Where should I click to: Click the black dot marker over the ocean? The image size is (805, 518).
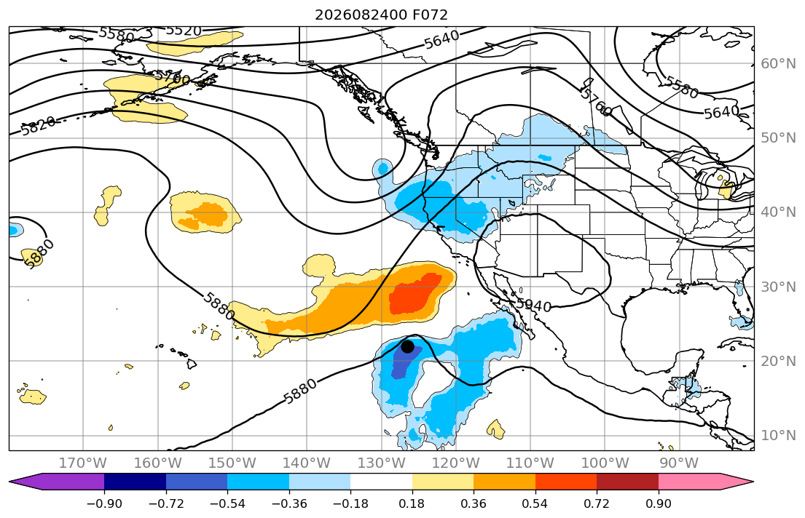[407, 347]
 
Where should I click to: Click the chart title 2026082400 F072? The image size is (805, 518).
[381, 15]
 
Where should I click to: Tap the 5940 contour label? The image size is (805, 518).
[533, 306]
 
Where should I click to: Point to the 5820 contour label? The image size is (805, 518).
[39, 125]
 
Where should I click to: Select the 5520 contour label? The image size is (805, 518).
[184, 31]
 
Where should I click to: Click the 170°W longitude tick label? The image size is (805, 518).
[83, 463]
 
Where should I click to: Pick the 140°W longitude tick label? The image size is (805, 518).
[307, 463]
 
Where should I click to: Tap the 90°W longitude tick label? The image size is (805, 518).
[679, 463]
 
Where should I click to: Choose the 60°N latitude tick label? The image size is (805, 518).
[778, 63]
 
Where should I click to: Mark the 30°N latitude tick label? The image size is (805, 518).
[778, 287]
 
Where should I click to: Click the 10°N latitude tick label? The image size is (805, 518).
[778, 436]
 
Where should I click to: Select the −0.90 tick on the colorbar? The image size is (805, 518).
[104, 503]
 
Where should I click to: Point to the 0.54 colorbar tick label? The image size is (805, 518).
[535, 503]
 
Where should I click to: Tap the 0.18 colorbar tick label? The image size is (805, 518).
[412, 503]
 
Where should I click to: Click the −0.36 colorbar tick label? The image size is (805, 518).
[289, 503]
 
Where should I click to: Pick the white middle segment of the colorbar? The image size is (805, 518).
[382, 482]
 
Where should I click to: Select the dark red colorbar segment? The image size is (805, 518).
[627, 482]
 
